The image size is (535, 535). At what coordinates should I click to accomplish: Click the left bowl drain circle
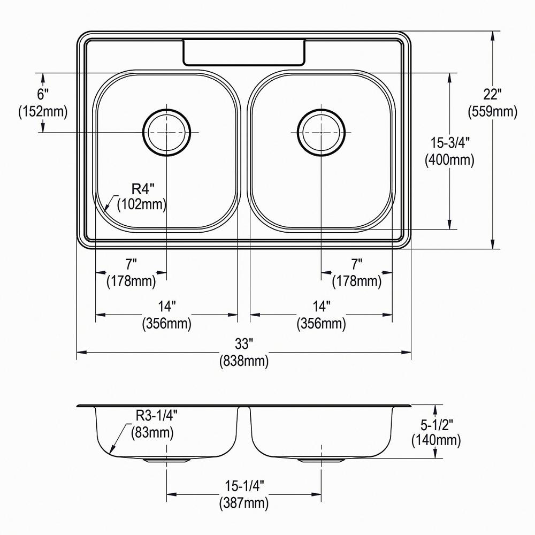(166, 132)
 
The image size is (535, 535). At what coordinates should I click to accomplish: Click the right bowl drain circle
(321, 132)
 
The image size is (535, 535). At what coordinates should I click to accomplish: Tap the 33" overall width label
(243, 343)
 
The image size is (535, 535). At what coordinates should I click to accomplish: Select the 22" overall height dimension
(492, 94)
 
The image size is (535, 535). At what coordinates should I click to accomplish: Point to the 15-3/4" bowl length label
(450, 142)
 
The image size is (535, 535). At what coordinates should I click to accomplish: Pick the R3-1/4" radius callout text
(157, 415)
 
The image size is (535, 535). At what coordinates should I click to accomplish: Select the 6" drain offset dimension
(43, 94)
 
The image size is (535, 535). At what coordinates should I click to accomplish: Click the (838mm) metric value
(244, 361)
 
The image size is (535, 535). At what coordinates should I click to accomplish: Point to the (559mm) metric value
(493, 111)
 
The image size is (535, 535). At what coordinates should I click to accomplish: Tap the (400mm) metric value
(449, 159)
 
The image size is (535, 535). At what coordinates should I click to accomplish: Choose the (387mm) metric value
(244, 502)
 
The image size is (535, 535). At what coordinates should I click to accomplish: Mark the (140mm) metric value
(436, 440)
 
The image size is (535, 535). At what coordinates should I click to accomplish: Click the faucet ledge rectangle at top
(244, 52)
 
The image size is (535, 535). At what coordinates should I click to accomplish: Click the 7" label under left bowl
(131, 264)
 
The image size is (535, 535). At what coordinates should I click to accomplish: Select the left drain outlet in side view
(166, 460)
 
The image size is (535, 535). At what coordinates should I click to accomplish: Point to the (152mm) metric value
(43, 111)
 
